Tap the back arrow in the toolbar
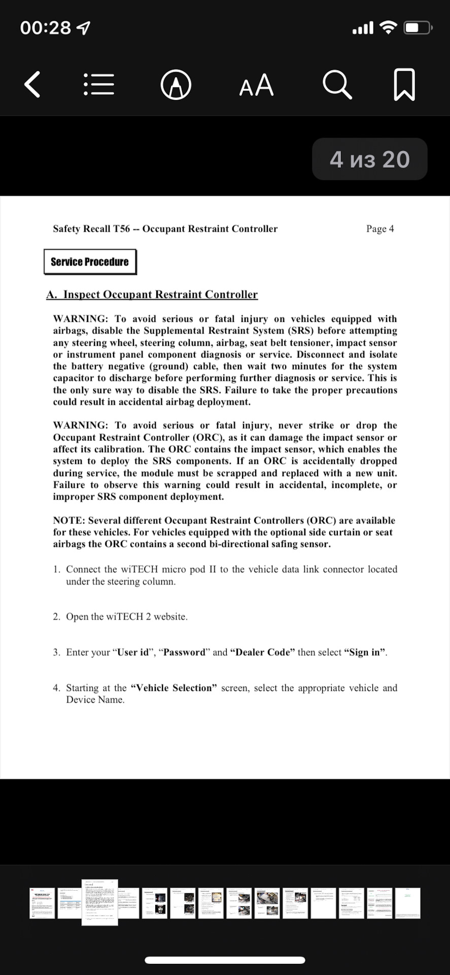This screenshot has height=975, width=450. [x=32, y=84]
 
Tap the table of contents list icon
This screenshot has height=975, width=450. [x=99, y=84]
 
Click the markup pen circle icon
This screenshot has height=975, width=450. [x=176, y=85]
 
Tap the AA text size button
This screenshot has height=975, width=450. [x=256, y=85]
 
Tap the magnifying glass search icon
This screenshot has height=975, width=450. [x=337, y=84]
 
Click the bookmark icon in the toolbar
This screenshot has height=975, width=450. [x=404, y=84]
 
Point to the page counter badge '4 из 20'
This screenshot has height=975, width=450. [x=369, y=159]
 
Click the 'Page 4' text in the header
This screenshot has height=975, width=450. [x=380, y=229]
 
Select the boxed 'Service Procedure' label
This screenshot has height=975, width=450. [x=90, y=262]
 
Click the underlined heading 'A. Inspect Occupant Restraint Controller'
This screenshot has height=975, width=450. [x=152, y=295]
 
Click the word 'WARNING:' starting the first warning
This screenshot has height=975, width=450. [x=81, y=319]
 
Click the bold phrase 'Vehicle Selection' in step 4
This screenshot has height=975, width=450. [x=174, y=688]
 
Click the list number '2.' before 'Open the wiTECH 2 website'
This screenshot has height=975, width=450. [x=56, y=616]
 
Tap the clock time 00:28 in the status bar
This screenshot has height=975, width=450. [x=46, y=27]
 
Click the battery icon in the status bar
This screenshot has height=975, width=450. [x=418, y=27]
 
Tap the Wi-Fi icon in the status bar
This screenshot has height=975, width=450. [x=388, y=27]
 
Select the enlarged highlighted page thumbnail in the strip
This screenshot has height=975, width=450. [x=100, y=902]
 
